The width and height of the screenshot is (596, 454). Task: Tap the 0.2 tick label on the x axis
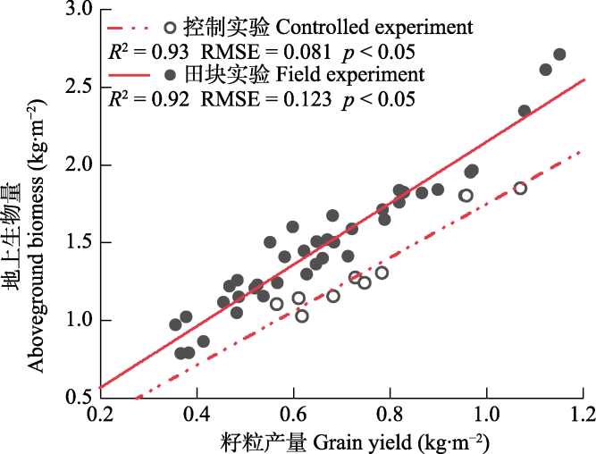(x=100, y=416)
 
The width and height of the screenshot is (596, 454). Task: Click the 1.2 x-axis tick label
(x=583, y=416)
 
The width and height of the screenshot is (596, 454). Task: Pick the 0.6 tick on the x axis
(x=293, y=416)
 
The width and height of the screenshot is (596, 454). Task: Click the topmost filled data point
(x=559, y=55)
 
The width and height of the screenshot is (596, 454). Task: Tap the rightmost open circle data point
(x=520, y=188)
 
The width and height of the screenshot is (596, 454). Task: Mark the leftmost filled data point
(x=176, y=324)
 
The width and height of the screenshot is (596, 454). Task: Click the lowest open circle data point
(x=302, y=315)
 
